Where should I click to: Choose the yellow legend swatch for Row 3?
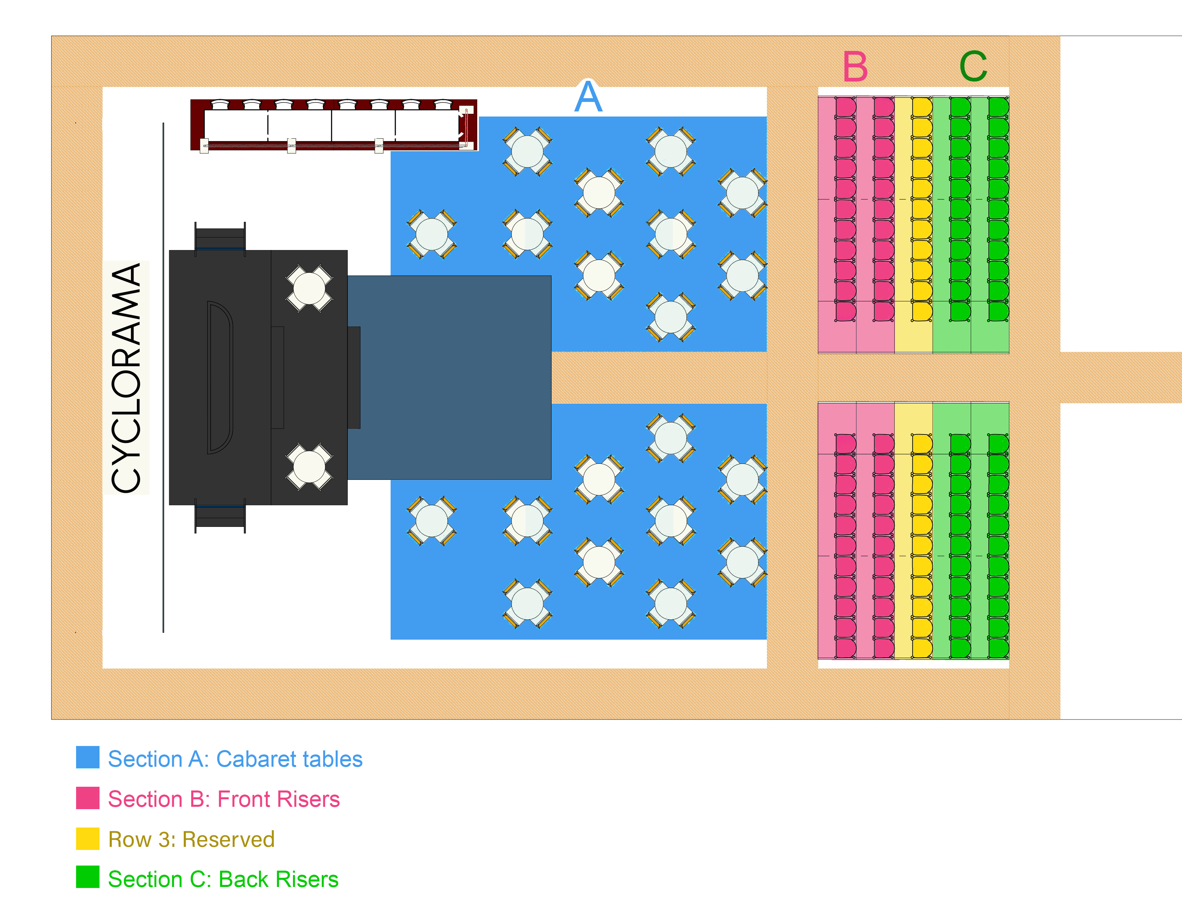87,838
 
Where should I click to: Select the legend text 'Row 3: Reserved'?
191,839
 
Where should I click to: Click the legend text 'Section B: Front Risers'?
223,799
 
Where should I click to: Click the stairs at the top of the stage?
220,237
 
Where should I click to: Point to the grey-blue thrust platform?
449,377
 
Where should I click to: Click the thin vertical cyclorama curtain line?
163,377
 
